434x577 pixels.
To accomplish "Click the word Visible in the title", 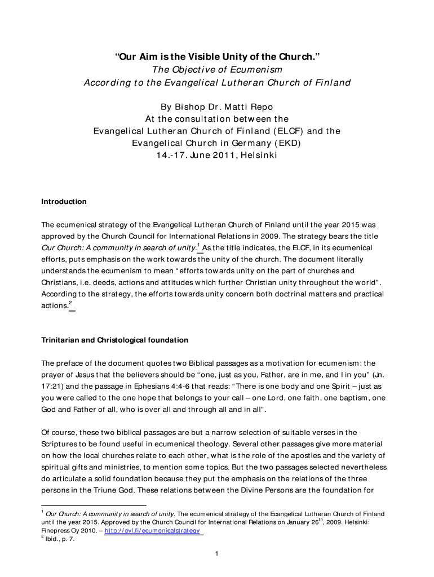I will click(209, 57).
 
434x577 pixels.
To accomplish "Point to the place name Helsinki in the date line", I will click(258, 155).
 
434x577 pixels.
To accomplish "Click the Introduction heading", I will click(64, 202).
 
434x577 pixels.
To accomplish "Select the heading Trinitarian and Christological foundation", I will click(115, 340).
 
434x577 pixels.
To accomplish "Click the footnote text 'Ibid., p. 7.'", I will click(60, 539).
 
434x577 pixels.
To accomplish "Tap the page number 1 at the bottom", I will click(217, 554).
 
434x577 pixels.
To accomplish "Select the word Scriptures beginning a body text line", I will click(61, 444).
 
